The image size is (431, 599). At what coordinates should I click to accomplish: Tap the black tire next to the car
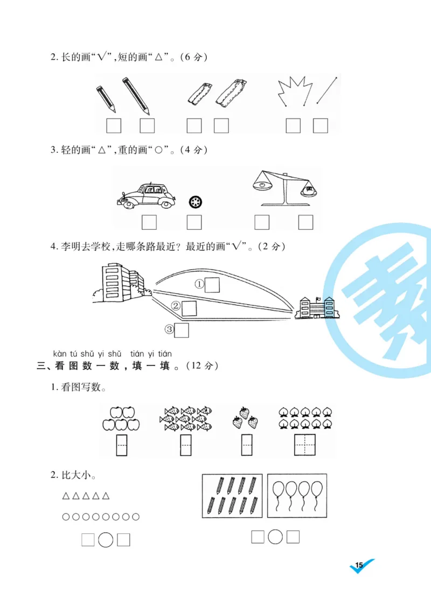point(195,202)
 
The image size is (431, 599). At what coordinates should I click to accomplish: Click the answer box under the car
point(149,222)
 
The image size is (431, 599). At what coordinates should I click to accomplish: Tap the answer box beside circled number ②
point(190,308)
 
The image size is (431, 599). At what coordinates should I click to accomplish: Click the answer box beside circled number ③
point(182,330)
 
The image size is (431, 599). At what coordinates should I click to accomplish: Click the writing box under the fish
point(185,445)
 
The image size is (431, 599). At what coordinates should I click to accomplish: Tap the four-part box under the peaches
point(305,445)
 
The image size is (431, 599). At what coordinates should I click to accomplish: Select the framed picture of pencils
point(232,496)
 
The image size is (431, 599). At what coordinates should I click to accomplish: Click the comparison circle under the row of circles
point(106,540)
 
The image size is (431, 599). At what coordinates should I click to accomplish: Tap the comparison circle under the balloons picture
point(275,537)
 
